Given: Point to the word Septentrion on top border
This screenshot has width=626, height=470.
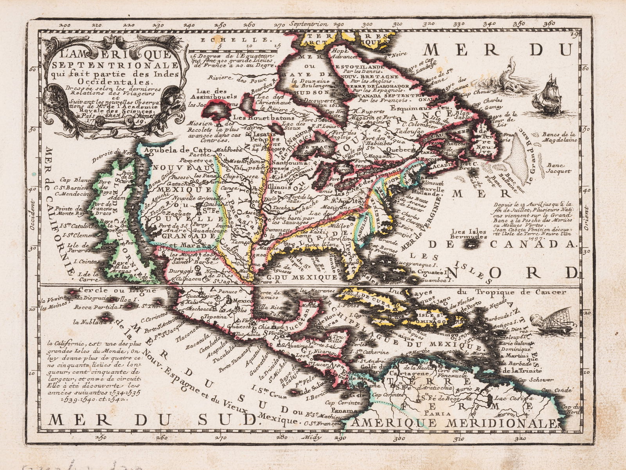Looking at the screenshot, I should [306, 24].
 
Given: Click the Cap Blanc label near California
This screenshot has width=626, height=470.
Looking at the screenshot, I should [70, 180].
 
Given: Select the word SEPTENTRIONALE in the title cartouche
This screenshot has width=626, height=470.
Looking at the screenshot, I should [112, 65].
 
